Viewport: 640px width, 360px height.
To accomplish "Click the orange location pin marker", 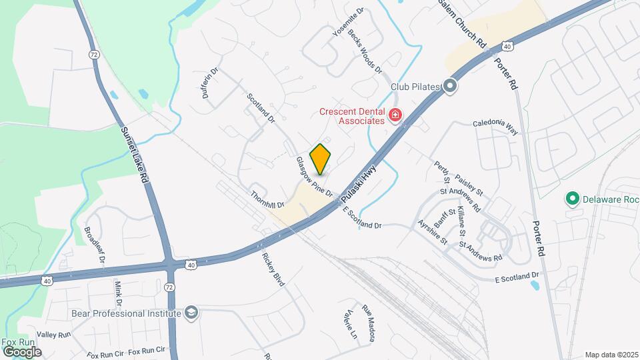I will (321, 159).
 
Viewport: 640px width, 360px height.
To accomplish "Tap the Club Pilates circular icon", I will (451, 86).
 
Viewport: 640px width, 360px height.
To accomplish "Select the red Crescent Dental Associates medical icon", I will (395, 115).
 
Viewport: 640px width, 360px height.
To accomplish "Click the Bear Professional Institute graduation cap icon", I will (191, 313).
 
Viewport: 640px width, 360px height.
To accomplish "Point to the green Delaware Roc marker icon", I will (571, 198).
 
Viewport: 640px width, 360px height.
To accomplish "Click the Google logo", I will (23, 351).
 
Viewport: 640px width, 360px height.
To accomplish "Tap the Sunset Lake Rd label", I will (133, 154).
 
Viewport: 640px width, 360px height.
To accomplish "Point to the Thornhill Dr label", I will (268, 199).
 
